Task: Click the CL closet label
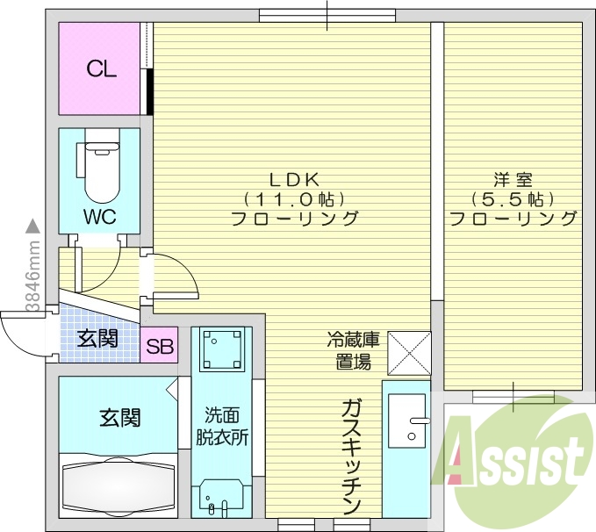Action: coord(102,70)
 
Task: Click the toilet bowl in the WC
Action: coord(99,172)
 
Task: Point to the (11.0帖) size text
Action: coord(293,198)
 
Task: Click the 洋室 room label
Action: coord(513,178)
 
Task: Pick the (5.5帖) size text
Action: coord(513,198)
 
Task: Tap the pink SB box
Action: coord(159,346)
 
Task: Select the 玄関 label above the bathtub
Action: coord(117,417)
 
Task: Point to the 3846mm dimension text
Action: coord(32,272)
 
